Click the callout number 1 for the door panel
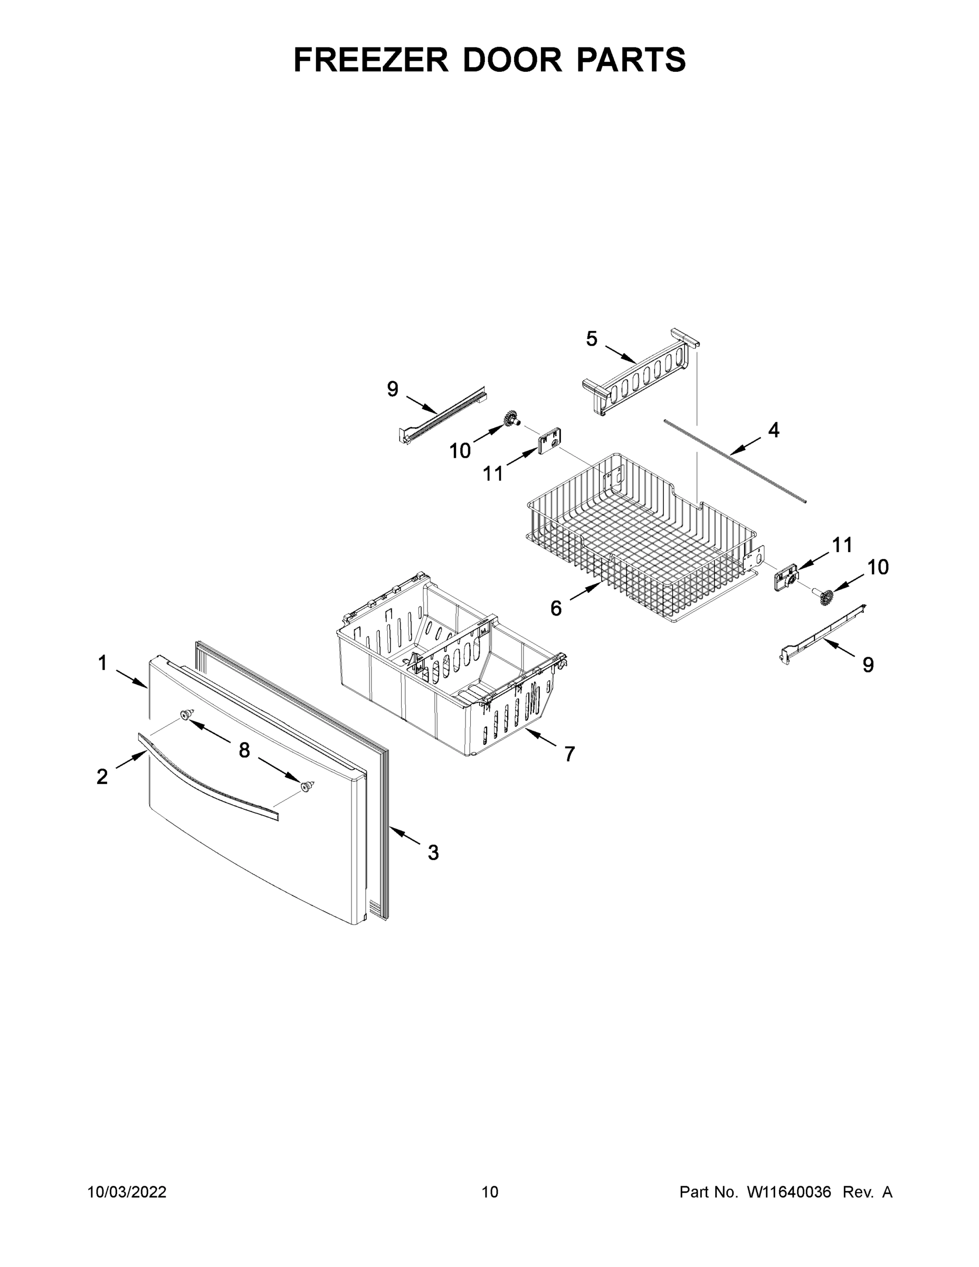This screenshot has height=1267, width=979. pos(103,663)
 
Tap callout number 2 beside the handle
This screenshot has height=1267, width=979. pos(102,776)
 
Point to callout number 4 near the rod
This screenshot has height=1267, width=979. pos(773,430)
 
